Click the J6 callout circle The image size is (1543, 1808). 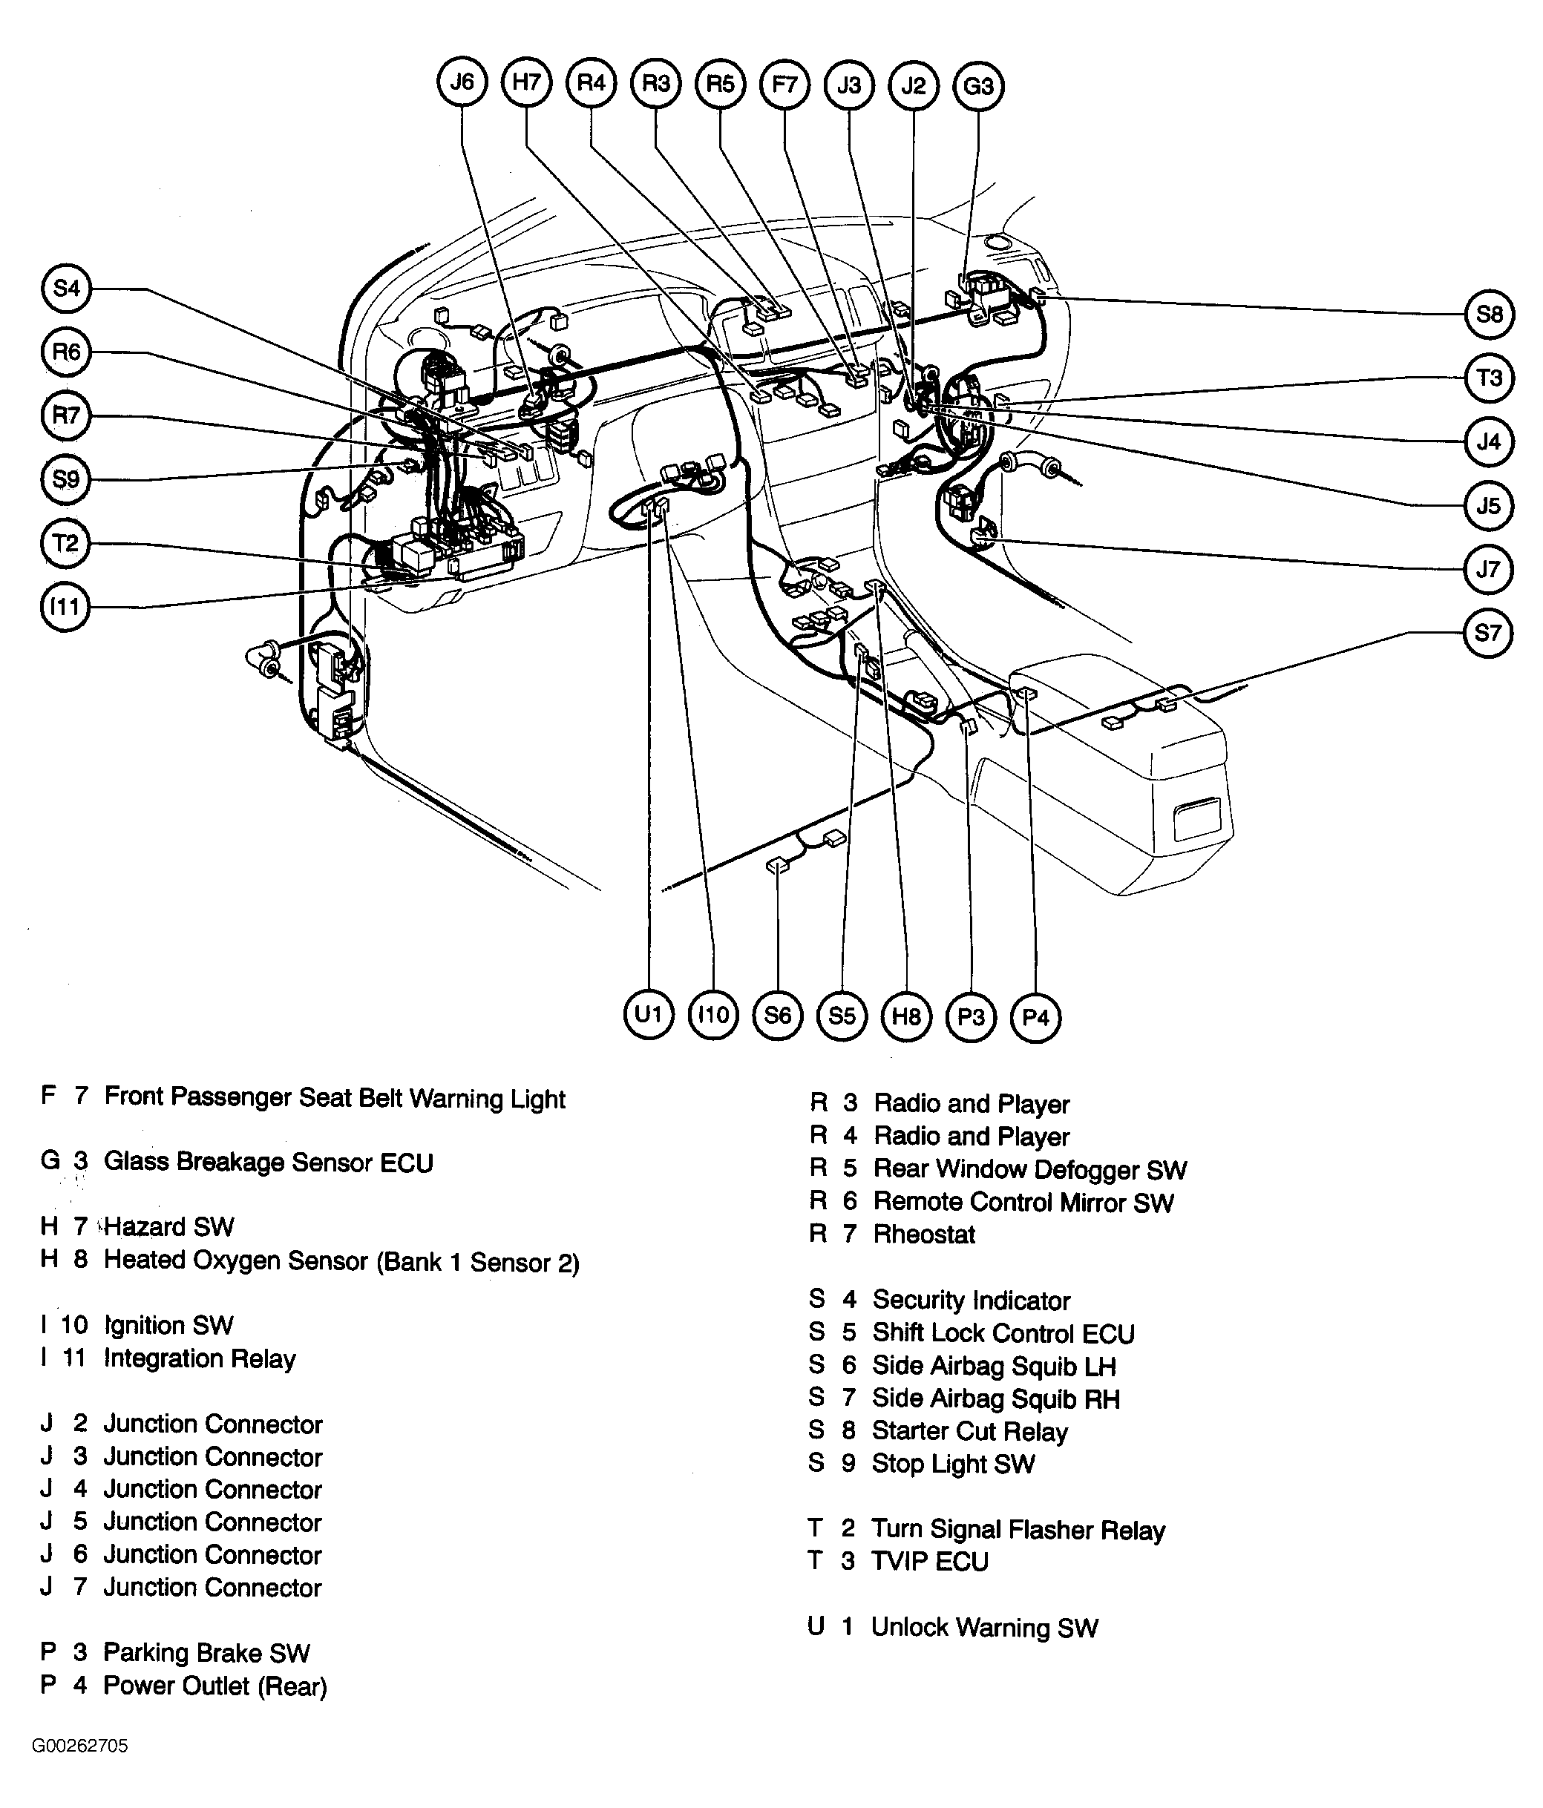[461, 83]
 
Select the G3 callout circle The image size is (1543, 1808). [978, 86]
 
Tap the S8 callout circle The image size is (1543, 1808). [1488, 314]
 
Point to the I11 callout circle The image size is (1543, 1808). [65, 608]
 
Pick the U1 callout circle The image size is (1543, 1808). [649, 1015]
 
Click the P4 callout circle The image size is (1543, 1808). [1035, 1017]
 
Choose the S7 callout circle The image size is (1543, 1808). [1487, 633]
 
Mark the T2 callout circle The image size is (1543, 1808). [65, 544]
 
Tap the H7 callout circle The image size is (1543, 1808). [526, 83]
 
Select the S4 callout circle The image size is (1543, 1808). [66, 289]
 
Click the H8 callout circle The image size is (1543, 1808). [906, 1016]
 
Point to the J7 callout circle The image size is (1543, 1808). [1488, 570]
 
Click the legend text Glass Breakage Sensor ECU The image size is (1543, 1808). [268, 1163]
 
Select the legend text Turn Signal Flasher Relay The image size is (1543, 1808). [1018, 1530]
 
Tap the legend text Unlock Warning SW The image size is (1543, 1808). [983, 1628]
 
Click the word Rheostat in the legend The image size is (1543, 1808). [923, 1235]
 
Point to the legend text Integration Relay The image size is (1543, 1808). [199, 1358]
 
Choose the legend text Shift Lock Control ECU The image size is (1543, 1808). [1003, 1333]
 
